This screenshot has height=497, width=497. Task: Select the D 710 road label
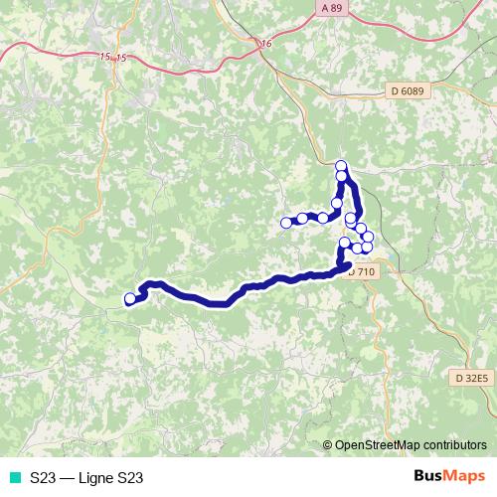click(x=362, y=270)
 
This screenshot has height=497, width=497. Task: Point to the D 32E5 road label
click(x=470, y=378)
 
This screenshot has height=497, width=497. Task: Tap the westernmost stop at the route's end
click(x=129, y=298)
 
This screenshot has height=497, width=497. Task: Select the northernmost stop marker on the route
click(x=341, y=166)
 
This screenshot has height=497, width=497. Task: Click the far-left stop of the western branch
click(x=286, y=223)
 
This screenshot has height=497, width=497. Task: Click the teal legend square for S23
click(x=14, y=478)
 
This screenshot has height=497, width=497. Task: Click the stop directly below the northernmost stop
click(x=342, y=177)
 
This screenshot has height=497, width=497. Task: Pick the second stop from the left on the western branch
click(x=302, y=218)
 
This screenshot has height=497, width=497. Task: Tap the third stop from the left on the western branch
click(x=323, y=217)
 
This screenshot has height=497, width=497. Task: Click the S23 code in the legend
click(x=42, y=478)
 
